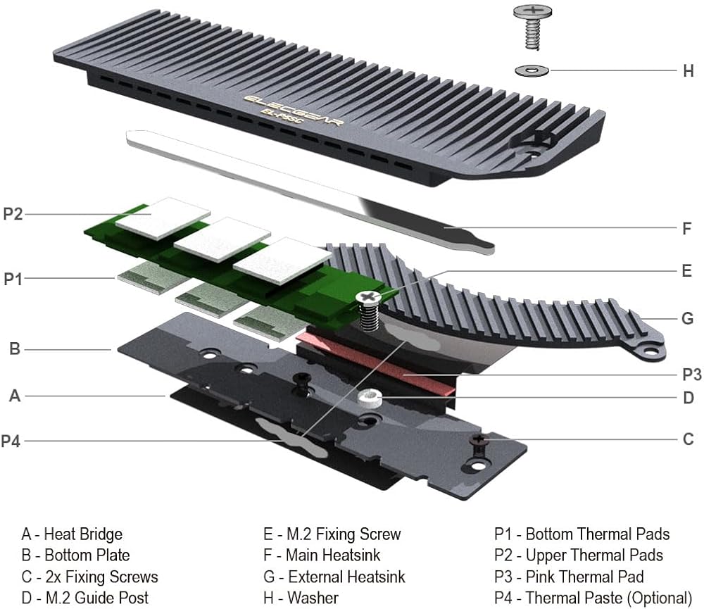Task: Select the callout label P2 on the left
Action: click(13, 213)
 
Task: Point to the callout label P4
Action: click(13, 441)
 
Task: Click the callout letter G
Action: click(688, 318)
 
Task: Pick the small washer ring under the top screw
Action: click(532, 70)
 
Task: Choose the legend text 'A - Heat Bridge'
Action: click(72, 534)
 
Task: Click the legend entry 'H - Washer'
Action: click(303, 598)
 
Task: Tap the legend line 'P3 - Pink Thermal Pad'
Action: click(569, 577)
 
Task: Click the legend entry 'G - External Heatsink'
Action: click(334, 577)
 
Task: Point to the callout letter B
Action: click(14, 348)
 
